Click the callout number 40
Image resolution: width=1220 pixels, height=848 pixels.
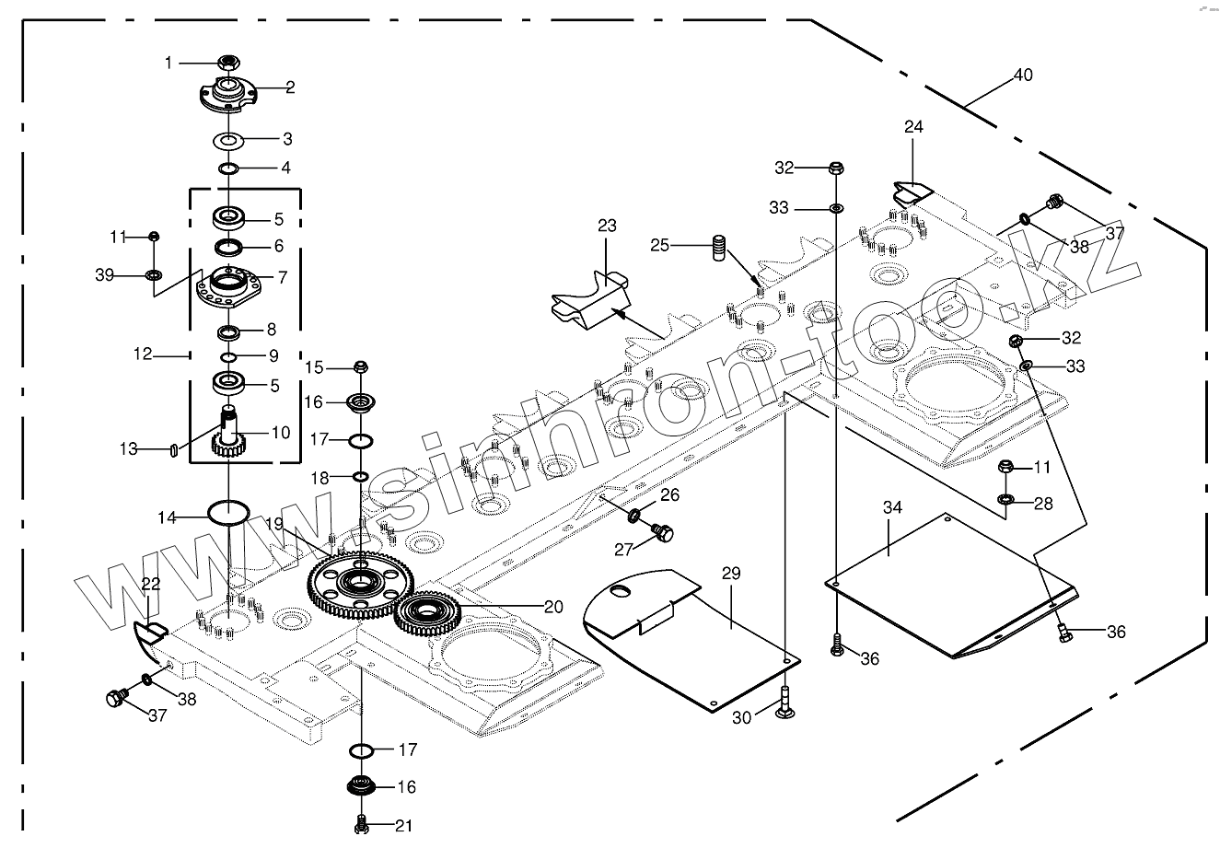1023,76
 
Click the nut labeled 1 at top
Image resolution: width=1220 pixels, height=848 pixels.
227,63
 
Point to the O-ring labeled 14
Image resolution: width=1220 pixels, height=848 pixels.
227,512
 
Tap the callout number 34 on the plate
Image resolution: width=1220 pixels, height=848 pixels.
892,508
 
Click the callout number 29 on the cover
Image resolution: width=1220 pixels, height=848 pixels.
730,573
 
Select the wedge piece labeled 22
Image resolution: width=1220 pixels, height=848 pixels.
148,635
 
